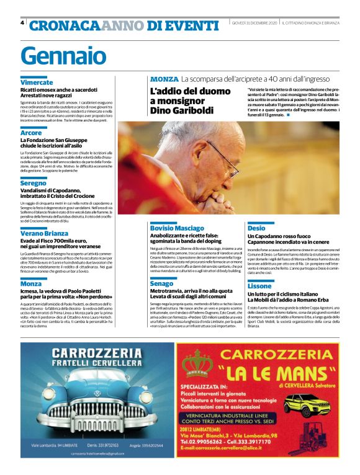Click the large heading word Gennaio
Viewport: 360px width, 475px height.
(x=63, y=56)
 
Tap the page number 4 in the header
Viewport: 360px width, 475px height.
(x=22, y=24)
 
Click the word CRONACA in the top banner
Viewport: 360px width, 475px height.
(x=65, y=25)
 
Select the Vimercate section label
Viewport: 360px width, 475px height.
(x=37, y=82)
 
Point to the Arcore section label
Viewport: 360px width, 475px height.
(x=31, y=133)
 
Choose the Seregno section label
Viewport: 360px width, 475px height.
(x=33, y=183)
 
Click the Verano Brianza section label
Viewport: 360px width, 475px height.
(x=44, y=233)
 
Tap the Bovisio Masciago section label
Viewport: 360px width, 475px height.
(x=177, y=228)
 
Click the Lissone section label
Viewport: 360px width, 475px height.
(x=259, y=286)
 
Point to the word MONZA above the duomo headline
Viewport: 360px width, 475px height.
(x=164, y=79)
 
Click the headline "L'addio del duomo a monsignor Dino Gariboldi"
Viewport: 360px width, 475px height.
(x=181, y=103)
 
